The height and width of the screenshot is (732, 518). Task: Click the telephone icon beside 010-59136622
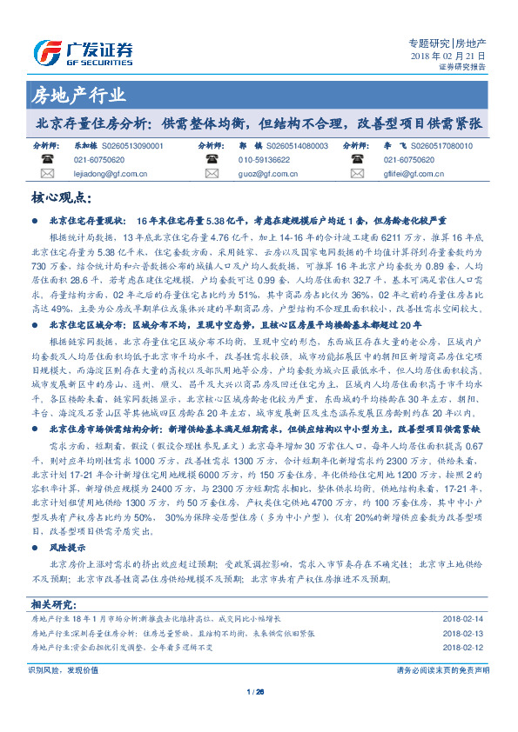(x=212, y=160)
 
